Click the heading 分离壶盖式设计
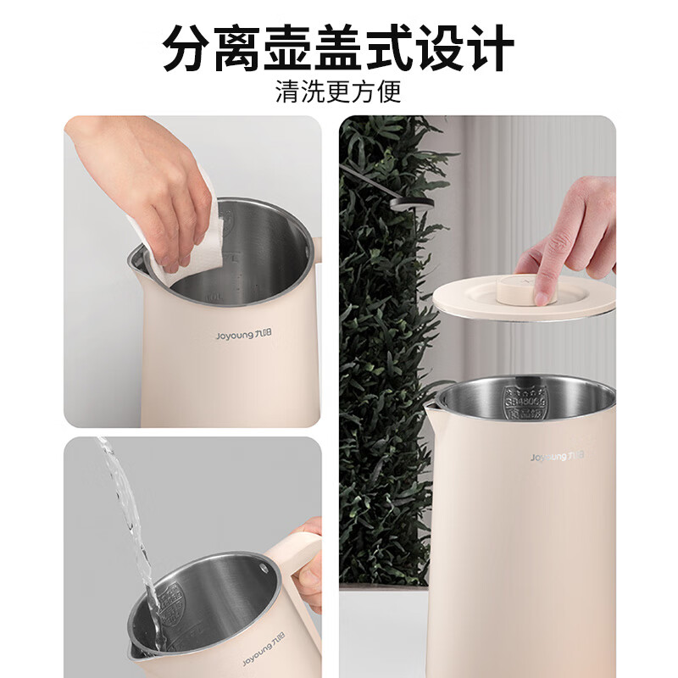[x=339, y=48]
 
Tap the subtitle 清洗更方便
[x=339, y=91]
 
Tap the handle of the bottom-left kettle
[x=301, y=551]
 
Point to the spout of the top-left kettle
[x=136, y=258]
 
